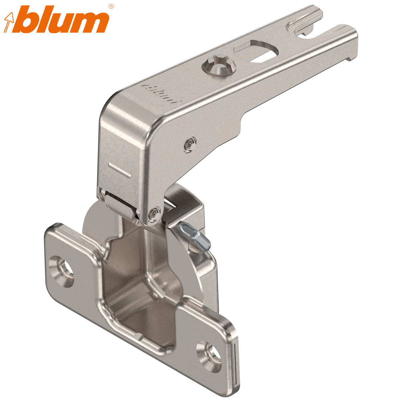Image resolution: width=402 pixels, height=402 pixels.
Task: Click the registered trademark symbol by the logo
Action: tap(111, 6)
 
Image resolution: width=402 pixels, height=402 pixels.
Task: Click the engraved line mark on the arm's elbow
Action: tap(120, 170)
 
